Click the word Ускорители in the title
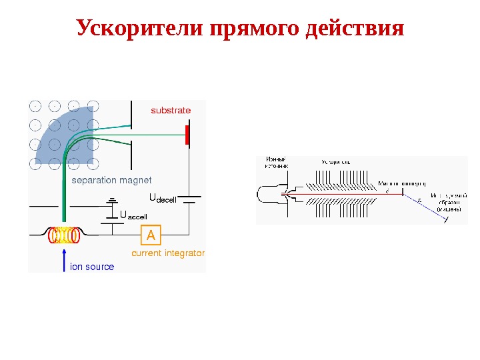point(140,29)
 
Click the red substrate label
point(171,111)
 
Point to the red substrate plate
point(188,135)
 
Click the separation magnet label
point(111,180)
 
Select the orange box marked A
point(151,235)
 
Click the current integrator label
point(168,254)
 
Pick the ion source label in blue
point(92,267)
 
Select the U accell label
point(133,215)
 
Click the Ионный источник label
point(276,163)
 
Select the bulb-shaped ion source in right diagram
point(270,195)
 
